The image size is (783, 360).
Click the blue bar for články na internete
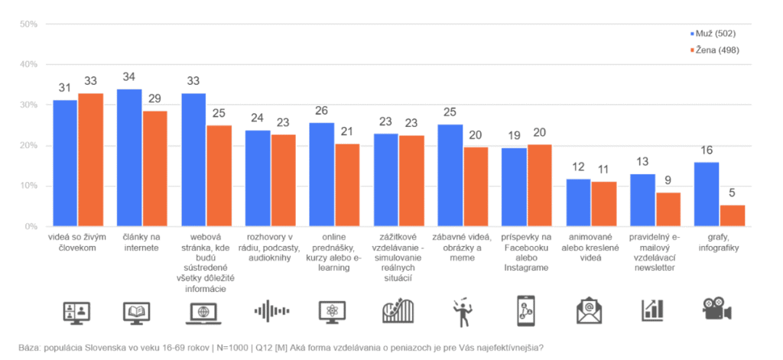click(x=129, y=157)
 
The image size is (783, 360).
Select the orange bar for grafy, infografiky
click(x=733, y=216)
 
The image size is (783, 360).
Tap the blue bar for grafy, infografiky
click(x=707, y=194)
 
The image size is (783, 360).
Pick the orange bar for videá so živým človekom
click(x=90, y=160)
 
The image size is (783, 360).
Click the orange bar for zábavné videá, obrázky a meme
click(x=476, y=186)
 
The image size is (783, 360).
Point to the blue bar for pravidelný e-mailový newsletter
click(x=643, y=200)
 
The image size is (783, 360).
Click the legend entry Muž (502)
click(x=713, y=34)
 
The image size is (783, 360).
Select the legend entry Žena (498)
click(x=715, y=50)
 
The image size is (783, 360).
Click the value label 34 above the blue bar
click(x=130, y=77)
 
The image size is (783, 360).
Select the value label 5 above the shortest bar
click(x=732, y=193)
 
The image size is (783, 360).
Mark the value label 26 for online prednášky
click(x=322, y=111)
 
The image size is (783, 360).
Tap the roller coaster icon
click(x=399, y=311)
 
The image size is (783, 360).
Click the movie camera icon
click(x=717, y=309)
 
